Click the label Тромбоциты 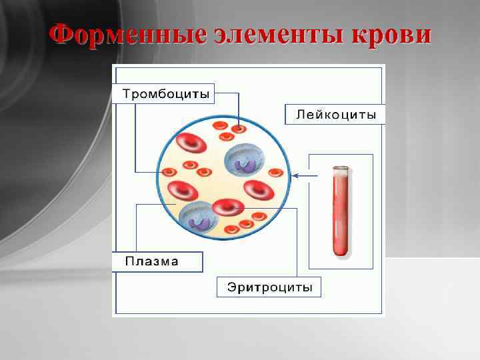click(165, 93)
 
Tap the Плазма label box click(157, 261)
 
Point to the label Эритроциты click(269, 287)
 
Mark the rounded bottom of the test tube click(341, 253)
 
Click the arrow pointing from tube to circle click(303, 176)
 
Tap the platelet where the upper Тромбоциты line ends click(239, 125)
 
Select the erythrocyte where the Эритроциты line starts click(231, 207)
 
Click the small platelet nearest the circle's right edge click(275, 173)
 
